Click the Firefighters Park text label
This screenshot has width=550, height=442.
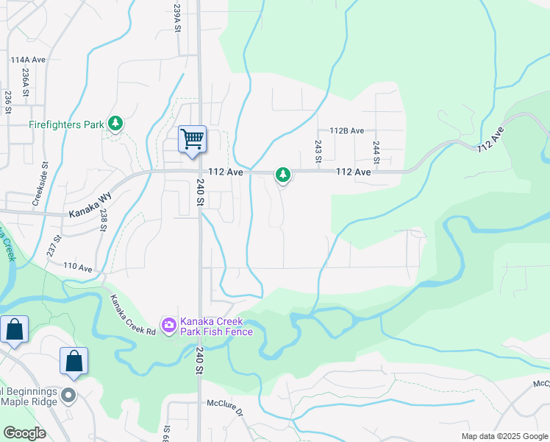66,124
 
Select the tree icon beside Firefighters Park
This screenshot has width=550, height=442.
115,124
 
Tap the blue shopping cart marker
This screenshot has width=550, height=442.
193,139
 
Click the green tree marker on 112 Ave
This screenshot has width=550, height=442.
282,175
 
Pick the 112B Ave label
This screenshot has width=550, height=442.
347,130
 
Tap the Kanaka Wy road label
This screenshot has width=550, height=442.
89,211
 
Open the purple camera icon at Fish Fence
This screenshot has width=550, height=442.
169,325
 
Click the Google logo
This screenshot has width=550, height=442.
24,433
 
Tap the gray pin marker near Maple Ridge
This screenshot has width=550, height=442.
68,396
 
